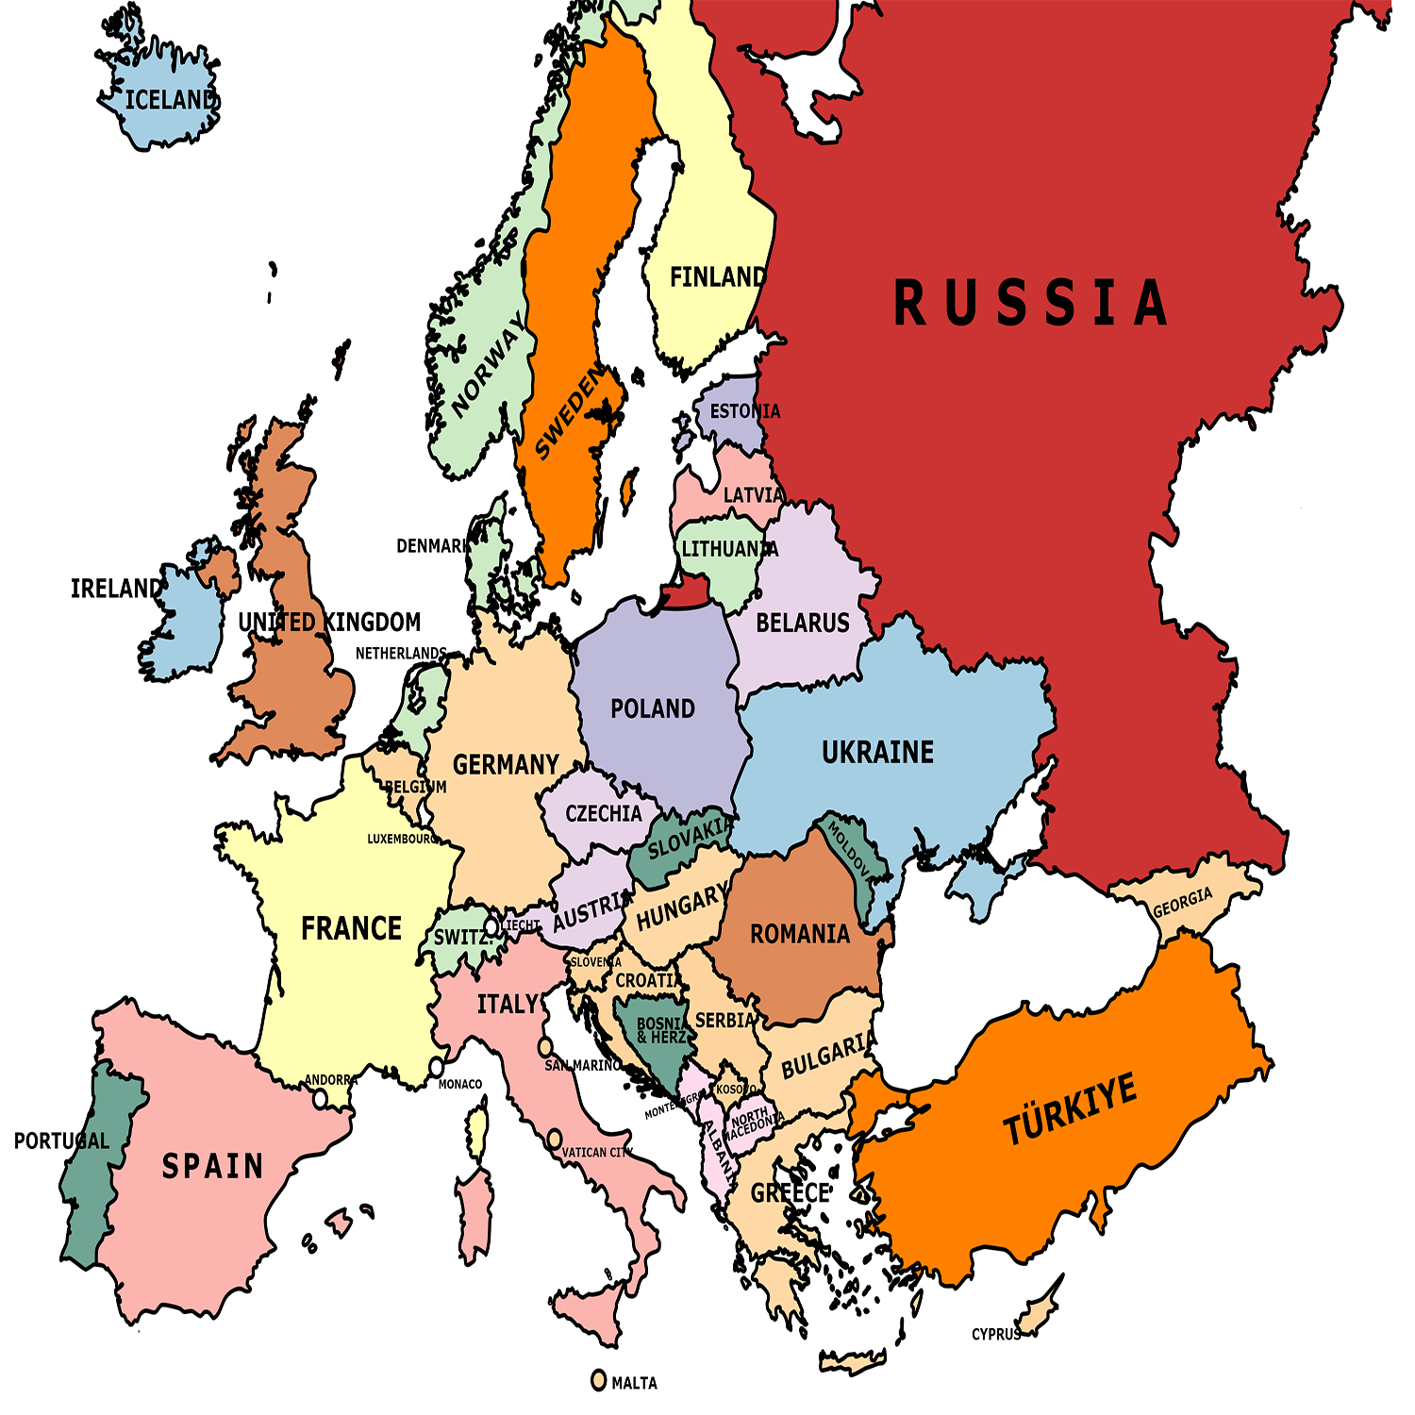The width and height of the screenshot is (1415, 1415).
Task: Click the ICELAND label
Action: click(x=171, y=100)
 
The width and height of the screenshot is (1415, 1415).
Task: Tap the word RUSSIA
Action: click(x=1030, y=304)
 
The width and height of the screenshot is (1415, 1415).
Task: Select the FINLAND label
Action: click(x=717, y=277)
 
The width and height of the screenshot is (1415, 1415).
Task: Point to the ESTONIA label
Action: click(x=745, y=411)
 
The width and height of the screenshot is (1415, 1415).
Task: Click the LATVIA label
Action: click(x=753, y=495)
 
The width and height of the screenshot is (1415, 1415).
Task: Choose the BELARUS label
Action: click(x=803, y=623)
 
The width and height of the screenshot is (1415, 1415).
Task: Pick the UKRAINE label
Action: click(x=877, y=752)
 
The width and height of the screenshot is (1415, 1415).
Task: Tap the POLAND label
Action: click(x=653, y=708)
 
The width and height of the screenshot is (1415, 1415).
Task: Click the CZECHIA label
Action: click(x=603, y=813)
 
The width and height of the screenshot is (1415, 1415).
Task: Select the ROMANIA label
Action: click(x=800, y=934)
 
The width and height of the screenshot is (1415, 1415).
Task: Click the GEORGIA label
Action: click(x=1183, y=903)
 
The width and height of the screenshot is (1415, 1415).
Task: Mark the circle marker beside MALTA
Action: click(x=598, y=1380)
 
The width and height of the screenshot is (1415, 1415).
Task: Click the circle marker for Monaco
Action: click(x=437, y=1067)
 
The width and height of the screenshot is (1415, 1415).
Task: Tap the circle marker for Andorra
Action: click(x=321, y=1099)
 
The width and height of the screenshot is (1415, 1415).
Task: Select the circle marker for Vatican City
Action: click(x=555, y=1139)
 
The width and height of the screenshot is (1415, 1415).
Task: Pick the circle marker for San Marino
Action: click(x=545, y=1047)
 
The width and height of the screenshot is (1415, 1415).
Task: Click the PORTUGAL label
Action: click(x=61, y=1140)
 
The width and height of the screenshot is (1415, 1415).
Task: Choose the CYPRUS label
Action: click(x=996, y=1334)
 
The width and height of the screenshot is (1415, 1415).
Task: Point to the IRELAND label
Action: click(x=117, y=589)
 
